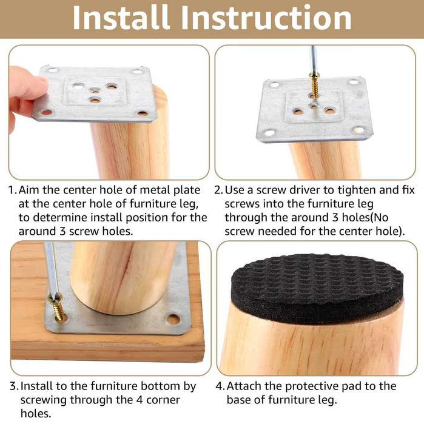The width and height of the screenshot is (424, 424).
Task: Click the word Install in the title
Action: point(124,18)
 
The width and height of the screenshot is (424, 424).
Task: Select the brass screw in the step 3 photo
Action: point(57,308)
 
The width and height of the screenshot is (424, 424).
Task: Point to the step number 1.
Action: point(12,190)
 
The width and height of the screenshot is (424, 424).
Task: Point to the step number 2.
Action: point(220,190)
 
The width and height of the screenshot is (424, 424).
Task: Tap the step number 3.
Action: point(12,386)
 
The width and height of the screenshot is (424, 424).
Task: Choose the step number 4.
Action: point(220,386)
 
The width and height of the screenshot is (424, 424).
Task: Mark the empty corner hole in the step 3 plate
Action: point(173,319)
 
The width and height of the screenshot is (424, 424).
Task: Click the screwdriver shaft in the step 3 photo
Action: point(50,267)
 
